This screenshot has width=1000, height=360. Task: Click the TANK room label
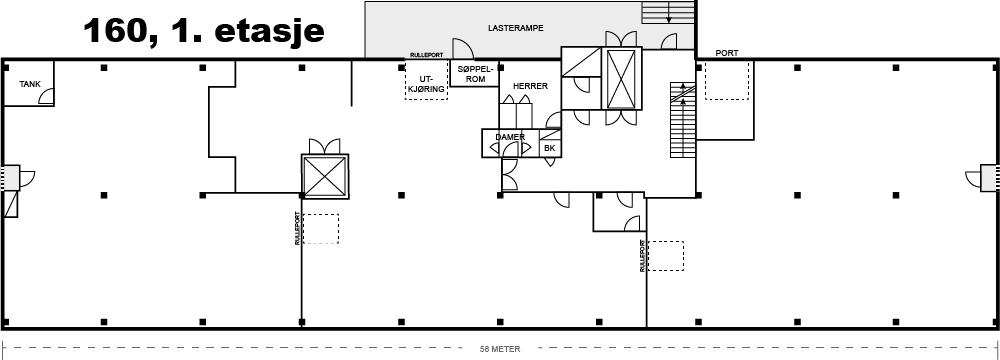tap(30, 84)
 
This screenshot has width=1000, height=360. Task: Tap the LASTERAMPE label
tap(515, 28)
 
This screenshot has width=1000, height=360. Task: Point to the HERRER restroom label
tap(530, 86)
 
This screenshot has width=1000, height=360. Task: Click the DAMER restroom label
tap(510, 137)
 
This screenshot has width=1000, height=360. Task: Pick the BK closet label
tap(550, 149)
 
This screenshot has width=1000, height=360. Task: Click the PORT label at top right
tap(727, 53)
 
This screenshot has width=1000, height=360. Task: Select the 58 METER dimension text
tap(500, 349)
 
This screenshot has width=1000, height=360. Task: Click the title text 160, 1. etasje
tap(203, 30)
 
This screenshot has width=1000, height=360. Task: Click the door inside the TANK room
tap(46, 96)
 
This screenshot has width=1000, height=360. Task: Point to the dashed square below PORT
tap(726, 80)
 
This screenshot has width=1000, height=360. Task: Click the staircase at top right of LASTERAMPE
tap(668, 13)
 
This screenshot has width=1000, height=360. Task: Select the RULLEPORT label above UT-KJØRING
tap(426, 56)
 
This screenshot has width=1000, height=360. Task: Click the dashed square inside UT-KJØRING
tap(427, 80)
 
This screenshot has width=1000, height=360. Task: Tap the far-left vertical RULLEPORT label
tap(297, 229)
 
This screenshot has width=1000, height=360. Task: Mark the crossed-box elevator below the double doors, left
tap(325, 177)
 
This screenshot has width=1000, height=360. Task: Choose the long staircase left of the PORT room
tap(682, 120)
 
